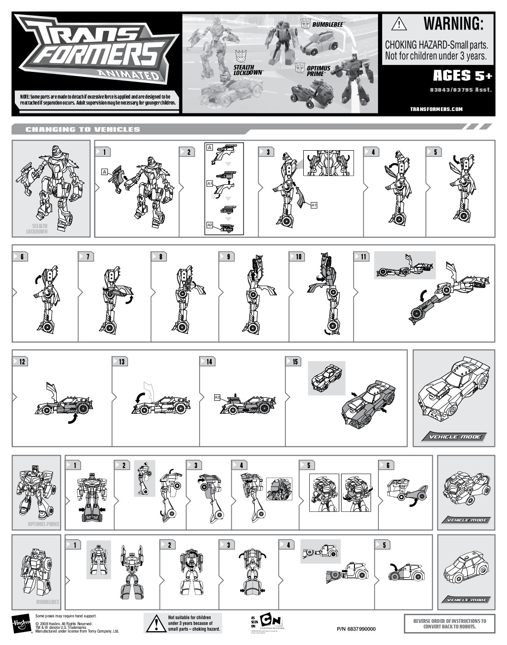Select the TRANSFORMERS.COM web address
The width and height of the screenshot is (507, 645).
pyautogui.click(x=436, y=109)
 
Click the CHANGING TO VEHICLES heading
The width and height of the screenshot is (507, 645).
pyautogui.click(x=83, y=129)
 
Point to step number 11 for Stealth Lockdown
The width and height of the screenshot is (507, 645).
pyautogui.click(x=364, y=257)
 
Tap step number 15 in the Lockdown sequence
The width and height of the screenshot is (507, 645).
pyautogui.click(x=295, y=362)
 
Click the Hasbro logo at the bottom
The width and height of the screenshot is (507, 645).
pyautogui.click(x=21, y=624)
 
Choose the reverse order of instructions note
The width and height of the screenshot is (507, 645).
pyautogui.click(x=449, y=623)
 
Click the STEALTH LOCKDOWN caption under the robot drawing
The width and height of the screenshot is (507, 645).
pyautogui.click(x=37, y=229)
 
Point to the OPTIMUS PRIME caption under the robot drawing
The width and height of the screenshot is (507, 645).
pyautogui.click(x=43, y=524)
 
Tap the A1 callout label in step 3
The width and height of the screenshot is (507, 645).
pyautogui.click(x=314, y=205)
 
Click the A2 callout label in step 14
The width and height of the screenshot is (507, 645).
pyautogui.click(x=218, y=397)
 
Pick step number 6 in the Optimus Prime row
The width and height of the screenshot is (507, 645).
pyautogui.click(x=388, y=465)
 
